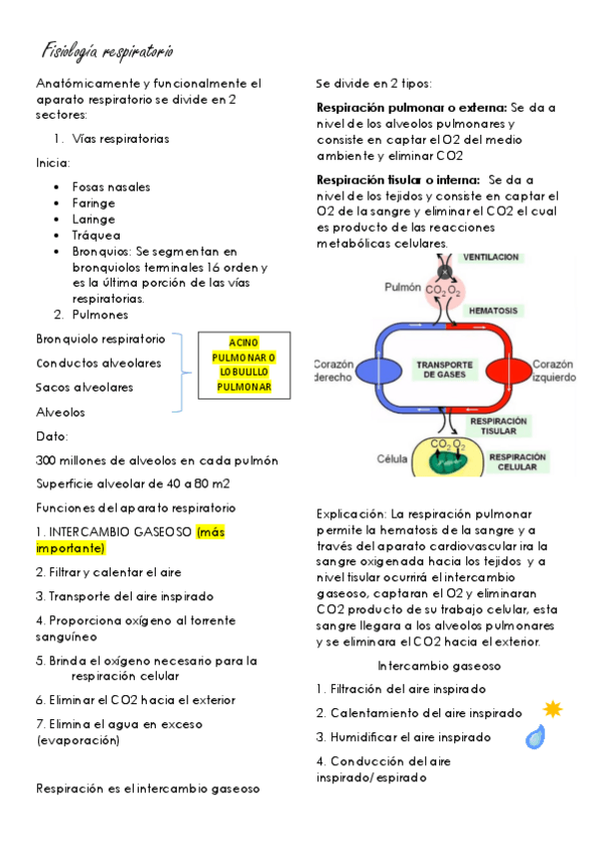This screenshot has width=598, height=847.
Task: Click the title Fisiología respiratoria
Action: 109,50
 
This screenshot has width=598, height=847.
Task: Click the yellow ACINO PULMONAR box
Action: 246,365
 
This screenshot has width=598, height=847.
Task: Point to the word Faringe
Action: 94,203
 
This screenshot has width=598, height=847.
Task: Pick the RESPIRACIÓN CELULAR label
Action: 517,461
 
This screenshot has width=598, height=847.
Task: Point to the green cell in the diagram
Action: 447,461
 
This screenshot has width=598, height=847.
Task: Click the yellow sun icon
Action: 552,709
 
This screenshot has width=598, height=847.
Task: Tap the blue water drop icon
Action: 536,737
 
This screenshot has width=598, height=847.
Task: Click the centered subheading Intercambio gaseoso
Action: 439,665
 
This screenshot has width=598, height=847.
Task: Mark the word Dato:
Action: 52,436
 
